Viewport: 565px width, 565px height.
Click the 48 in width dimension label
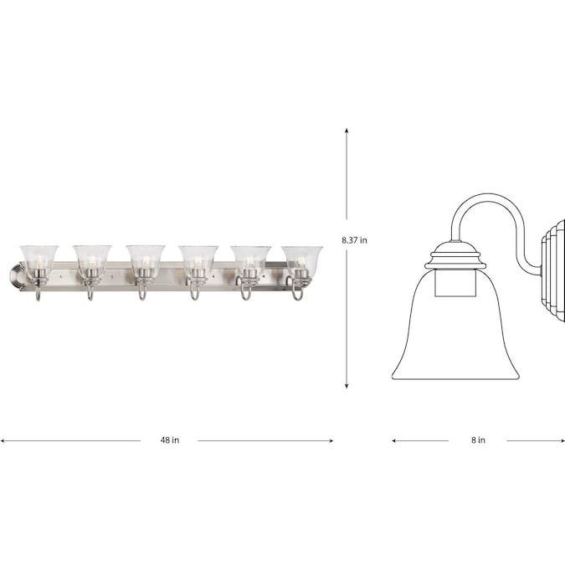tap(170, 440)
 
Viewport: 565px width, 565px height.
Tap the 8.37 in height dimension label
tap(355, 240)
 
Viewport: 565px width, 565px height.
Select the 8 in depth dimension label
tap(478, 440)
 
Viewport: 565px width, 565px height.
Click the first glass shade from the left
tap(39, 259)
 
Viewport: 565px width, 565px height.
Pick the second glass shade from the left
tap(92, 259)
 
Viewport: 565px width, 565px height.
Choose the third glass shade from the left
tap(146, 259)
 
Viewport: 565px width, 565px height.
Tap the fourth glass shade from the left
tap(198, 259)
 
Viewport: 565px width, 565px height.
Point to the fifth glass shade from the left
tap(251, 259)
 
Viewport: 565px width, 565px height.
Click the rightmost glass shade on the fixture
tap(302, 259)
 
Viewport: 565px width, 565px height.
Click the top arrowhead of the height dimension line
tap(347, 130)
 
